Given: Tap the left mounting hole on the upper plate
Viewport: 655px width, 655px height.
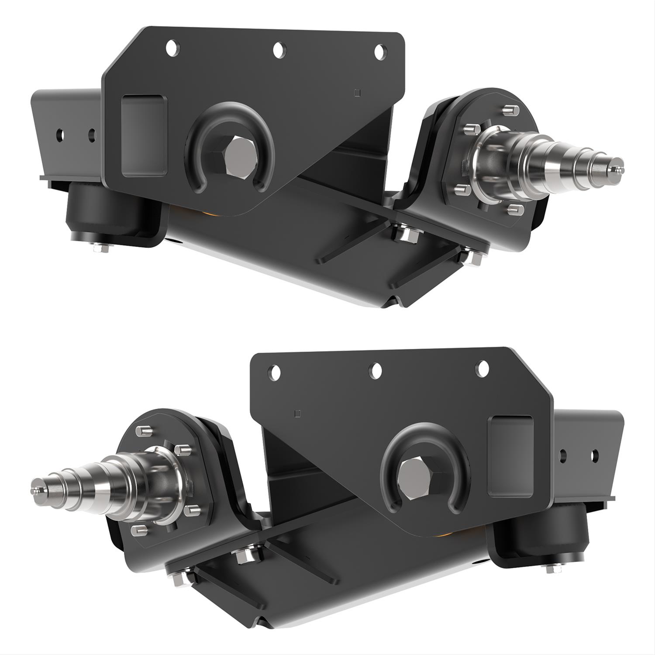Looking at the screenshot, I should click(172, 48).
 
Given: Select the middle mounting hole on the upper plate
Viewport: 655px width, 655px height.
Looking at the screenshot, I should click(279, 49).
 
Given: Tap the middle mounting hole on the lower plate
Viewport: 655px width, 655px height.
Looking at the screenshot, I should click(375, 370).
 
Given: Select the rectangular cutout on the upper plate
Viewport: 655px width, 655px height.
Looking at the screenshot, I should click(145, 135).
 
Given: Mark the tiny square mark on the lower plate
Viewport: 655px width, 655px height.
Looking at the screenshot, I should click(298, 413).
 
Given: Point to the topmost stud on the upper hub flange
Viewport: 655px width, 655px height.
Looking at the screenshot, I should click(508, 110).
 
